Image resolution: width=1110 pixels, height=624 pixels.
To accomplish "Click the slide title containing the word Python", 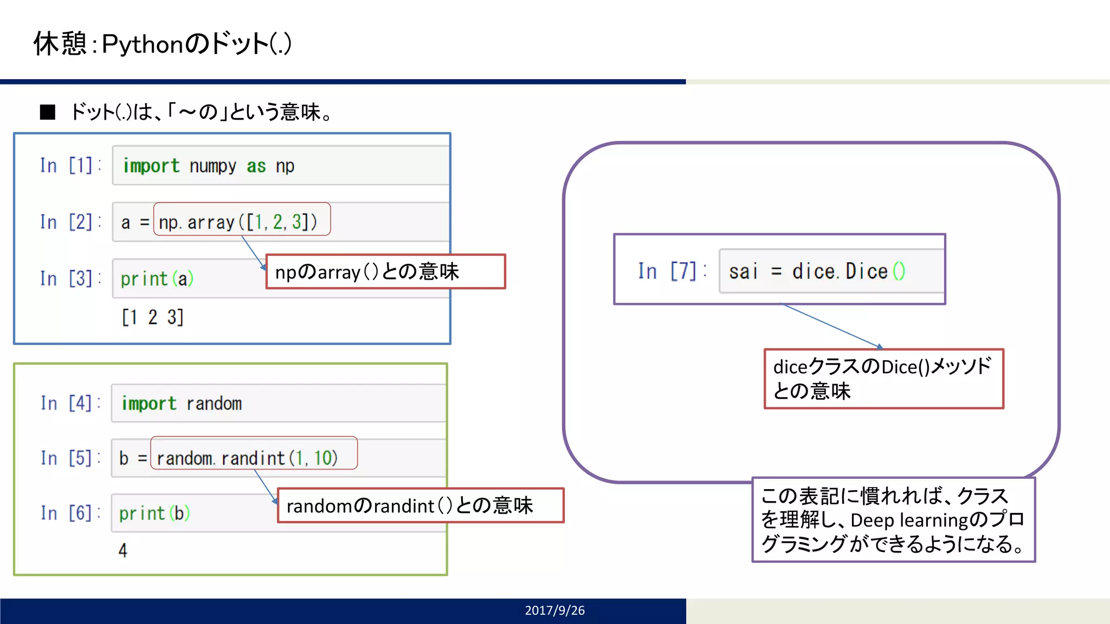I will [163, 43].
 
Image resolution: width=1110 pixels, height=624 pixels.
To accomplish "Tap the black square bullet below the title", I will [48, 112].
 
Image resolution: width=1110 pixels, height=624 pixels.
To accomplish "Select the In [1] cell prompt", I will [70, 165].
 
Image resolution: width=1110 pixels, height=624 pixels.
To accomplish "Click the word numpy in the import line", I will [212, 166].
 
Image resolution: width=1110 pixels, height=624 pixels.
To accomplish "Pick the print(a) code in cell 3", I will [157, 279].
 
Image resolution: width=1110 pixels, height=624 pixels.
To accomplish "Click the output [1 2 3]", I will [152, 317].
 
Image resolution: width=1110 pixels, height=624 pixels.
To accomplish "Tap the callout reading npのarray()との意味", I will [385, 271].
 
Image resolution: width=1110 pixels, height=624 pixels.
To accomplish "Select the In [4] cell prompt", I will [70, 403].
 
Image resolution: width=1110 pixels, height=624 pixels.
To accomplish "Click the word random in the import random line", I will [214, 404].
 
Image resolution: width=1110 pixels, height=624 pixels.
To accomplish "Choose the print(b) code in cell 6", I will [154, 513].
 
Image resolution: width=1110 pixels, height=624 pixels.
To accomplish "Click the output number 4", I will [123, 550].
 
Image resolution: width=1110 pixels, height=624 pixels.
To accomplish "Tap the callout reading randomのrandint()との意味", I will [420, 505].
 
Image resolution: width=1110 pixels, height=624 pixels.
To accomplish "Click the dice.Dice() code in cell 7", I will [848, 271].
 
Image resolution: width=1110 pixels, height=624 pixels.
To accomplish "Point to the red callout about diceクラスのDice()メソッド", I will [883, 379].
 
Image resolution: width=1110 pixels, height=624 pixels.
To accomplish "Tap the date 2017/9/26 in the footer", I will [554, 610].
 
